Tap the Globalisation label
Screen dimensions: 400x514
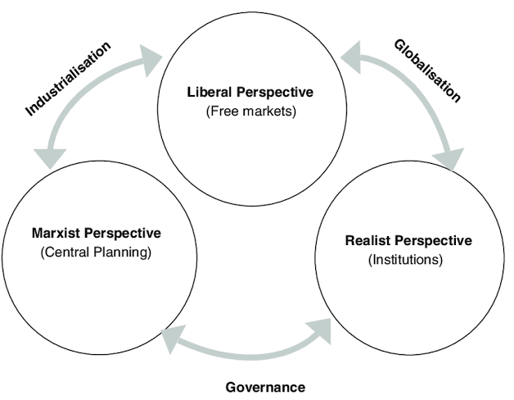(427, 70)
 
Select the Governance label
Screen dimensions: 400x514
(265, 387)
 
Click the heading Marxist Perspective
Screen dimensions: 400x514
(95, 234)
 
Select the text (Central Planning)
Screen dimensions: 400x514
(96, 252)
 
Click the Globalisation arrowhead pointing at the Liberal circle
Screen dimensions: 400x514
(355, 55)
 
